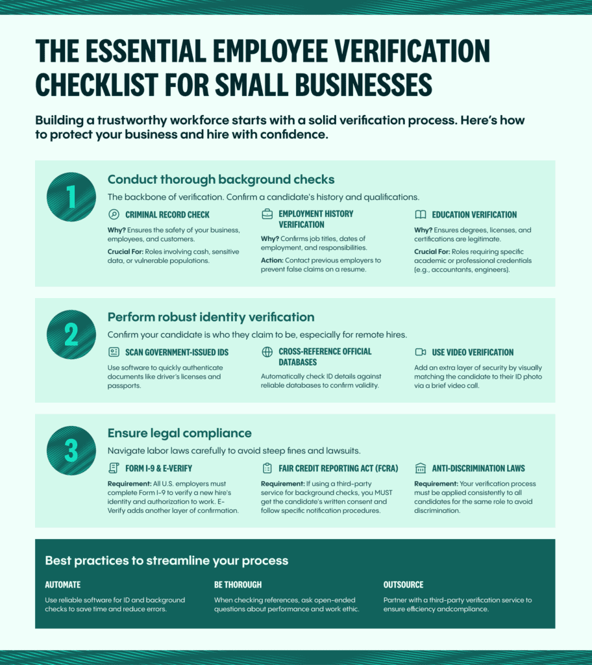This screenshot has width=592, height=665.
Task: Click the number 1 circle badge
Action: pos(71,197)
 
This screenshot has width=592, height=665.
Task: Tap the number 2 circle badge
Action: pos(71,334)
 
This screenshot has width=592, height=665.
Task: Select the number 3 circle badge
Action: pos(71,450)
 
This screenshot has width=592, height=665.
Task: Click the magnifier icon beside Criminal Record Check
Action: pos(114,214)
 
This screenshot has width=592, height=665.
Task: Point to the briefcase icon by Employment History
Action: pos(267,214)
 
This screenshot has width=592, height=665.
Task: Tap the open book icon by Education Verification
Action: pos(420,214)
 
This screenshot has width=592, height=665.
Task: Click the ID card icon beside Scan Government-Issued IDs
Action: pos(114,352)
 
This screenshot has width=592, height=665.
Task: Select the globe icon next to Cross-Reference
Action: pos(267,352)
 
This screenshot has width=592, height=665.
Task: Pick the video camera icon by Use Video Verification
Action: pos(420,352)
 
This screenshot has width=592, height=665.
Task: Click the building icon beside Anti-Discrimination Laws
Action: pos(420,468)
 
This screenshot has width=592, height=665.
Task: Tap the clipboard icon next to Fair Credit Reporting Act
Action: pos(267,468)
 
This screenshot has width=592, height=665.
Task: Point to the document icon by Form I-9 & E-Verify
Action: pos(114,468)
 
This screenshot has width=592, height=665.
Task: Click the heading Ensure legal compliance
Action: pos(179,433)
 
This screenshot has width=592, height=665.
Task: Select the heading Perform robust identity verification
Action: pos(211,317)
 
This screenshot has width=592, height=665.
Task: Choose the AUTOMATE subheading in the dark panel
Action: pos(63,584)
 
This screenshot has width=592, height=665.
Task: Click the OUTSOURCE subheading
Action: pos(403,584)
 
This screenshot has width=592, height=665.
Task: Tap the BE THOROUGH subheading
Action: pos(238,584)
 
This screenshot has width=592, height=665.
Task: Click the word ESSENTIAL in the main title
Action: pos(153,52)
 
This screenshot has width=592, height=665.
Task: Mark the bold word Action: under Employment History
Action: pos(273,260)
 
